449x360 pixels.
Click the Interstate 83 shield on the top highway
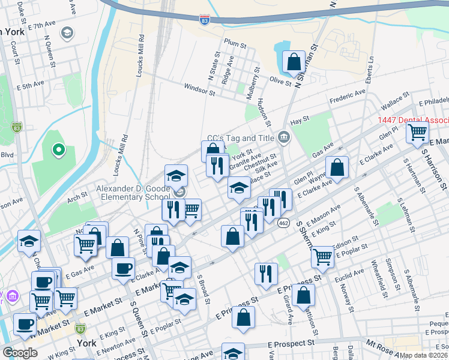pos(205,20)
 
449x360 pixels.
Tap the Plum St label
pos(235,43)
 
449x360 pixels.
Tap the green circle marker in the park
pos(59,150)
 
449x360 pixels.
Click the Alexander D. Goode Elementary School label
pos(133,192)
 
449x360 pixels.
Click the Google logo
pos(20,352)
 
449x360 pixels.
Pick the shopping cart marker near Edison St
pos(323,256)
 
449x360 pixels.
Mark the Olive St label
pos(280,80)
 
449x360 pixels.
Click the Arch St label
pos(77,196)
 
